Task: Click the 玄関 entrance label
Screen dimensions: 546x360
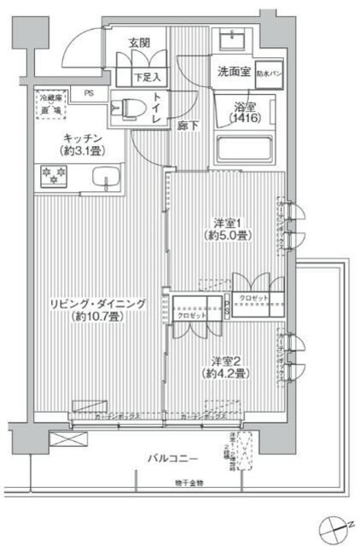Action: [x=139, y=42]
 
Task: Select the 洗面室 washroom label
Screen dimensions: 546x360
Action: [x=232, y=73]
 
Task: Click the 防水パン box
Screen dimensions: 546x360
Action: [x=268, y=73]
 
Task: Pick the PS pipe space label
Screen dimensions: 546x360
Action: [x=90, y=96]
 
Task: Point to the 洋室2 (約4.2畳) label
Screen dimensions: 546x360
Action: [x=224, y=366]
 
